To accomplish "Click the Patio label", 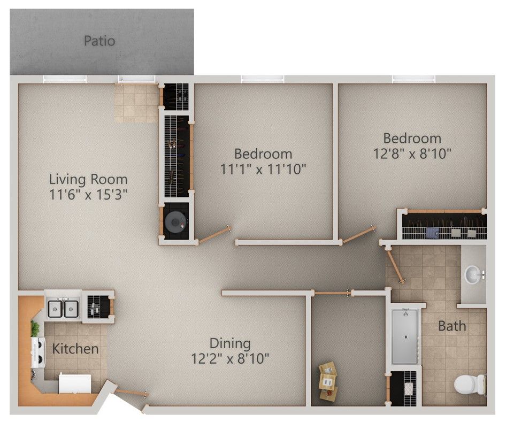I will click(x=99, y=41).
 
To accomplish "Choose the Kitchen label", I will click(x=75, y=349).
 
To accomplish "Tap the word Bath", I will click(x=452, y=326).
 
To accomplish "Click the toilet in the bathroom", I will click(x=470, y=385).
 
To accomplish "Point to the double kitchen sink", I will click(x=63, y=308).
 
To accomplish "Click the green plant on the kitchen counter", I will click(x=35, y=328).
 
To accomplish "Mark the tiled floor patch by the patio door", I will click(x=136, y=103).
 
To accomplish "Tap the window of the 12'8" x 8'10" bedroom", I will click(x=413, y=79).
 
